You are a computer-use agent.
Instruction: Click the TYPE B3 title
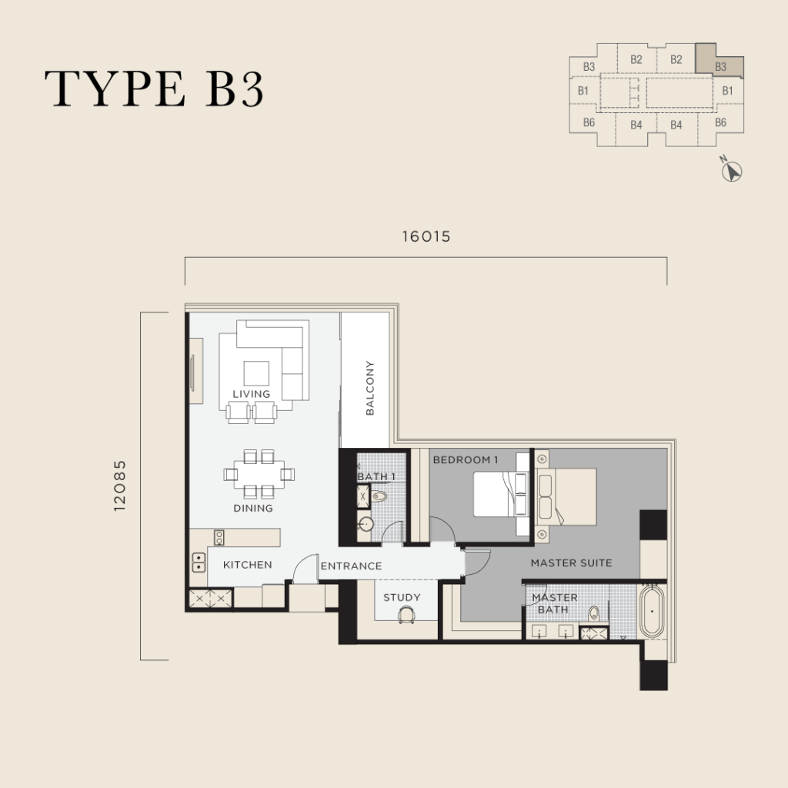pyautogui.click(x=154, y=88)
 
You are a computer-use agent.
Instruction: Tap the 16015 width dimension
pyautogui.click(x=426, y=237)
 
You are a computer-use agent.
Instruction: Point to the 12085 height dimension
pyautogui.click(x=119, y=486)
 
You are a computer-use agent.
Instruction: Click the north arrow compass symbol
pyautogui.click(x=731, y=171)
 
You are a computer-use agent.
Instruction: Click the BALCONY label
pyautogui.click(x=370, y=388)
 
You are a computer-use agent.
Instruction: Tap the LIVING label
pyautogui.click(x=252, y=394)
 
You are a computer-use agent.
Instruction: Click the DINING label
pyautogui.click(x=253, y=508)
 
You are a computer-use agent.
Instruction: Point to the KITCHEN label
pyautogui.click(x=247, y=565)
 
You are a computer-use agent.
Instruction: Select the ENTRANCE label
pyautogui.click(x=351, y=566)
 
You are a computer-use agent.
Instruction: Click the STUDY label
pyautogui.click(x=402, y=597)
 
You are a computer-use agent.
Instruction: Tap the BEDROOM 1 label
pyautogui.click(x=466, y=460)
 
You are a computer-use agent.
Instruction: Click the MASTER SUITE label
pyautogui.click(x=572, y=563)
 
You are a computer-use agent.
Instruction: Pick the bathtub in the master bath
pyautogui.click(x=652, y=611)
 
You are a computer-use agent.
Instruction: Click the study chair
pyautogui.click(x=406, y=614)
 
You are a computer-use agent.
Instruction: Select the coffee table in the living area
pyautogui.click(x=256, y=373)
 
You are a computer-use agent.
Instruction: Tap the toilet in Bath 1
pyautogui.click(x=379, y=496)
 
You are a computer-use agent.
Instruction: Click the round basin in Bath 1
pyautogui.click(x=366, y=524)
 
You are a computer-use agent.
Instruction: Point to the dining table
pyautogui.click(x=259, y=474)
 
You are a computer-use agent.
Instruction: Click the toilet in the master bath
pyautogui.click(x=594, y=613)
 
